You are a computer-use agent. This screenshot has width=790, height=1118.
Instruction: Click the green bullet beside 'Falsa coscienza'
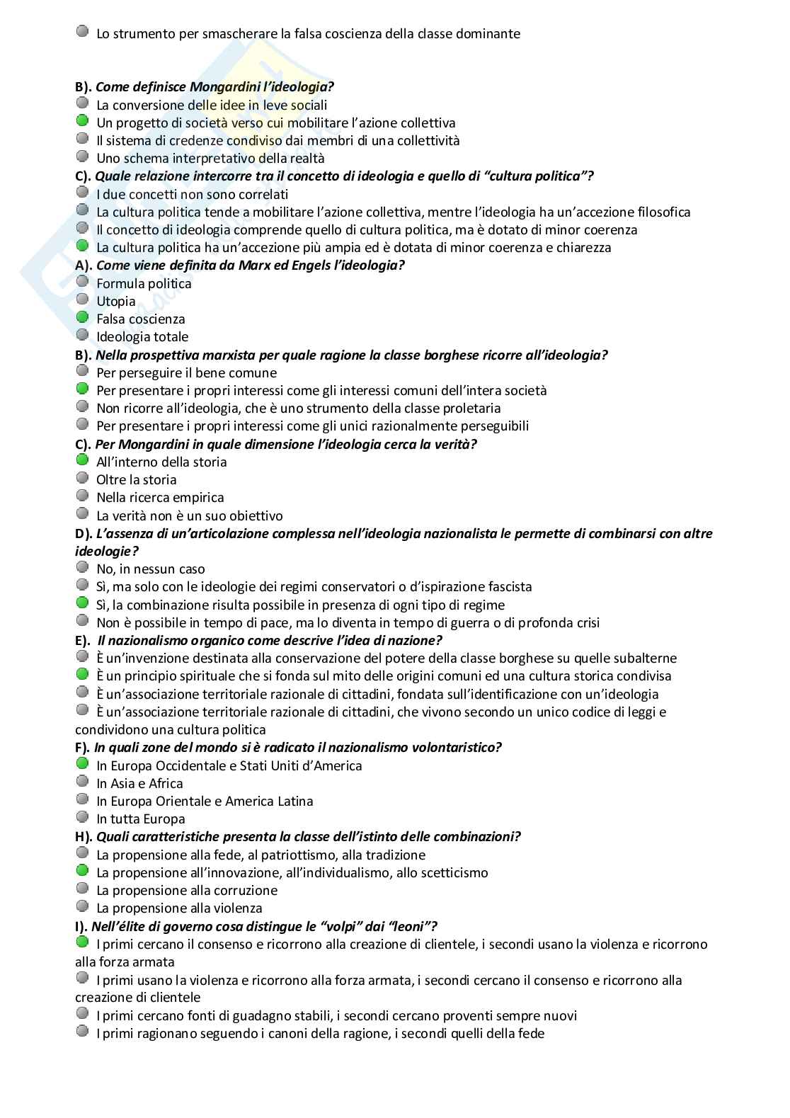82,318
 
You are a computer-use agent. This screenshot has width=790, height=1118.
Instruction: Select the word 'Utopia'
115,302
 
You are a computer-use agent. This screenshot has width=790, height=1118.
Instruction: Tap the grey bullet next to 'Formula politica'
82,283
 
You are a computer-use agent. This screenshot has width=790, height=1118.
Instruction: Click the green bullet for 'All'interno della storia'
82,461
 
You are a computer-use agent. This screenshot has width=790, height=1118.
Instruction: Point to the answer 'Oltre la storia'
136,480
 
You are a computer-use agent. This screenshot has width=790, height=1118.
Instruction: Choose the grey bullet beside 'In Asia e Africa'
82,782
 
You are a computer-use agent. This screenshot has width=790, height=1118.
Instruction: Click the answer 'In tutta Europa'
140,819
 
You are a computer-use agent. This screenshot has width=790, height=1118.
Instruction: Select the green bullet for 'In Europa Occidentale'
82,765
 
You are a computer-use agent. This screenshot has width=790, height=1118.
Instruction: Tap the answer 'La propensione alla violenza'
179,908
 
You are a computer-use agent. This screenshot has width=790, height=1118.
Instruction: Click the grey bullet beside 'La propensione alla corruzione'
82,889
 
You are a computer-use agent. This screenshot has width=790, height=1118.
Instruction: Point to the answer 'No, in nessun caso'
150,569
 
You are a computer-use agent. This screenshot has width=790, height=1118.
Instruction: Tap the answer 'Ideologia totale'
142,337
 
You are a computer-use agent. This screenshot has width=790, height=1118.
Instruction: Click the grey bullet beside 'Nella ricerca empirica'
82,496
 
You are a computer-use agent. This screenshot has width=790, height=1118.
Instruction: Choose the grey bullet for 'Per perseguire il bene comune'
82,372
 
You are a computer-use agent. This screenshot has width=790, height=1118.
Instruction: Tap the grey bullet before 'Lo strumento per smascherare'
82,33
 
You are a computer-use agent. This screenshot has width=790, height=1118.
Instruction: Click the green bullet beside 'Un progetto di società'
82,122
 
